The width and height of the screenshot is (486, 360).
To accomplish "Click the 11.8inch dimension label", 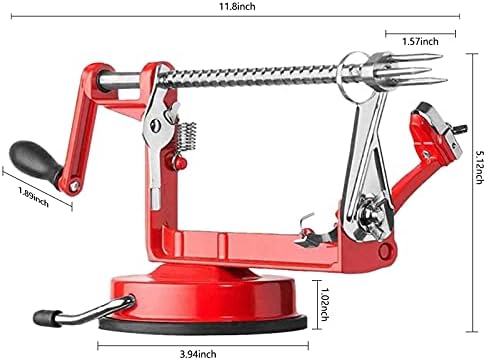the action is [237, 6].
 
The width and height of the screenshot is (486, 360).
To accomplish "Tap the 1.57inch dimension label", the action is [420, 42].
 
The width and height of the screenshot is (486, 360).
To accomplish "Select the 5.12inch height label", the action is [479, 167].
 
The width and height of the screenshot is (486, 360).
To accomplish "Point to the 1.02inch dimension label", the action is [323, 304].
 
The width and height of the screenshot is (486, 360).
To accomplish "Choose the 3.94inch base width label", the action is [198, 354].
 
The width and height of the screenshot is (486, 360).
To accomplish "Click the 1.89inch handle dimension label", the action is [33, 196].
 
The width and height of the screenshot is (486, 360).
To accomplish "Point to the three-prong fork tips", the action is [422, 69].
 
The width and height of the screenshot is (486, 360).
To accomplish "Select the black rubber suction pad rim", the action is [203, 324].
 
